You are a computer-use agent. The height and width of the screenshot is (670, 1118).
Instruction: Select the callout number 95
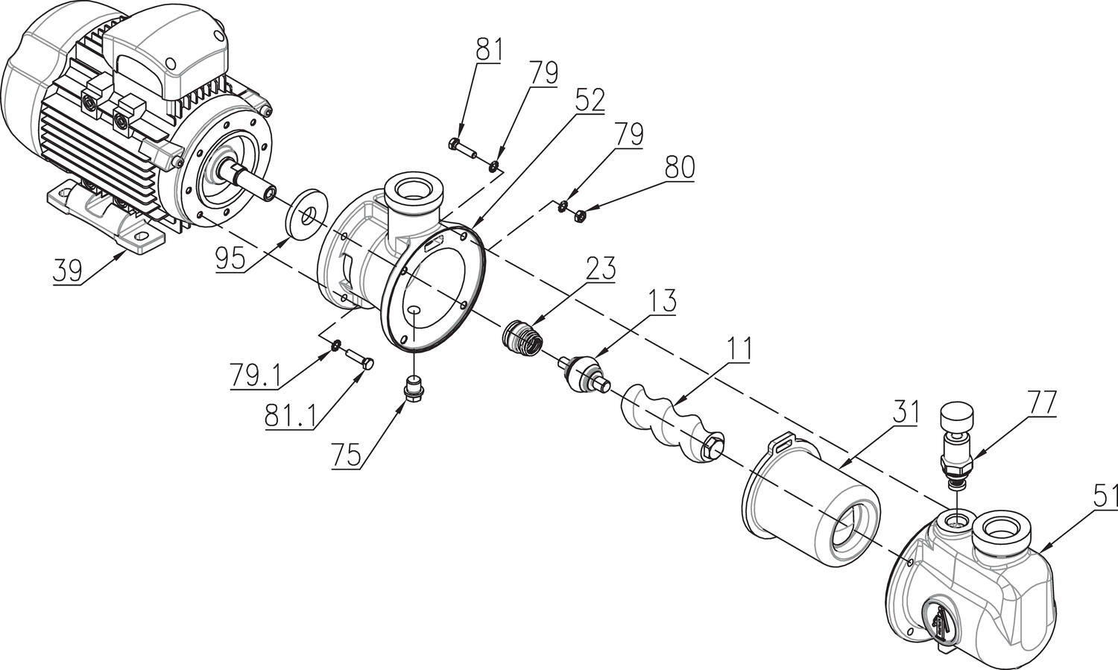[x=230, y=259]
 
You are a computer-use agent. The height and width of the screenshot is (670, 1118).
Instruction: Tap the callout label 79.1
[x=255, y=376]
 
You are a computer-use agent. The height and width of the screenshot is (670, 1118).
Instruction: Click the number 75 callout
[x=347, y=455]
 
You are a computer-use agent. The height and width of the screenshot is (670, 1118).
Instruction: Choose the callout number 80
[x=679, y=168]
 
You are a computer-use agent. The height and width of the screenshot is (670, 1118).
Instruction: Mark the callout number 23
[x=601, y=268]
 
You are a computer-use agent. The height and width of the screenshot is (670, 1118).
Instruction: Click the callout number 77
[x=1042, y=403]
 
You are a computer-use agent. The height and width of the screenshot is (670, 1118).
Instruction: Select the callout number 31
[x=903, y=412]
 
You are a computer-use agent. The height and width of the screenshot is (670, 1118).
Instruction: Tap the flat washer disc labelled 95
[x=306, y=214]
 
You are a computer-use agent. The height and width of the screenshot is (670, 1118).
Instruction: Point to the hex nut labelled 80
[x=579, y=216]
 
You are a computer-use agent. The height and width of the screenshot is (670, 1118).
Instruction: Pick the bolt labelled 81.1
[x=359, y=359]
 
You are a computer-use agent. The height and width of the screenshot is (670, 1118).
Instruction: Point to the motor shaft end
[x=271, y=192]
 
